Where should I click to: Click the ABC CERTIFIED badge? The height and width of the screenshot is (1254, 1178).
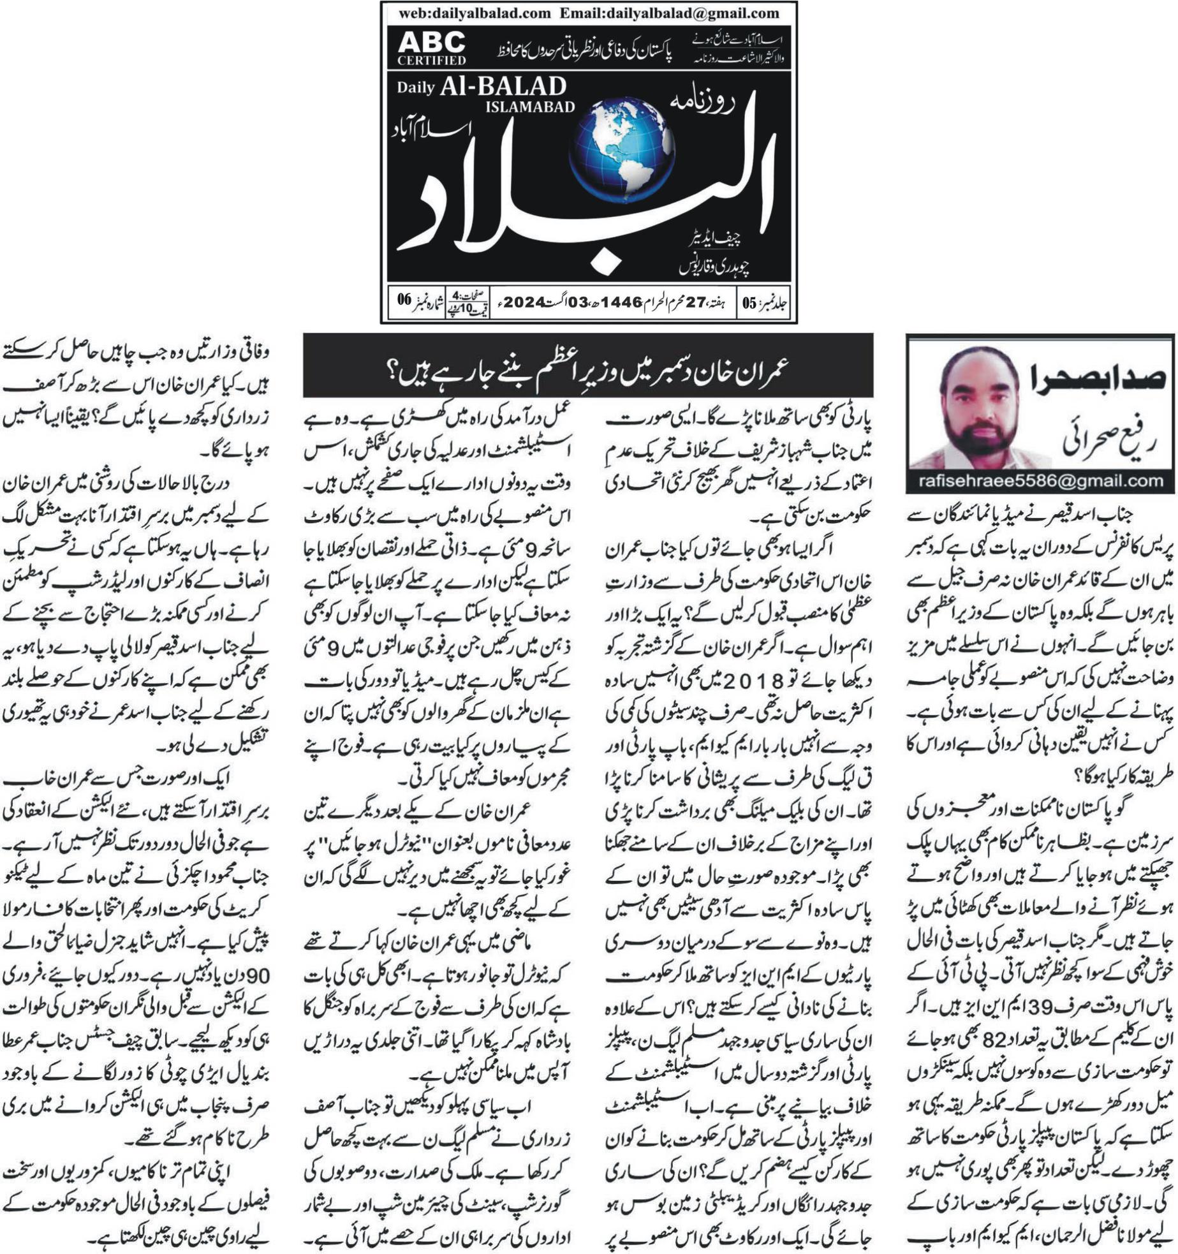click(432, 48)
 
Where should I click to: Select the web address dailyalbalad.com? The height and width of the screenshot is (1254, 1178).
click(475, 13)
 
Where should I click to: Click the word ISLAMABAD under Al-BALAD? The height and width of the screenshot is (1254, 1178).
click(529, 107)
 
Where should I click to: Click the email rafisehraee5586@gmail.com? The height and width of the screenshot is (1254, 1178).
click(1040, 482)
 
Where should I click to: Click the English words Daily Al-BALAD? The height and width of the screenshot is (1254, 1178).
click(482, 87)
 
